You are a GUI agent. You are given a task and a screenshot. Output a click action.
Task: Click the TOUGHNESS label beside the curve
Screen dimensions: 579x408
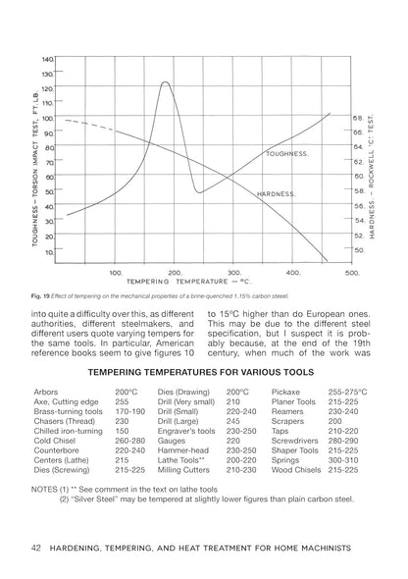click(287, 154)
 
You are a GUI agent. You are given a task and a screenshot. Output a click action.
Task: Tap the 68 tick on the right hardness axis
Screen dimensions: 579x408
click(358, 117)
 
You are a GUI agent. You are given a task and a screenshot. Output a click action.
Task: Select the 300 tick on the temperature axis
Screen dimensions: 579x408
click(233, 273)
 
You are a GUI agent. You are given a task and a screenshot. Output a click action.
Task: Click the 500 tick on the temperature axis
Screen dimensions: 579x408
click(351, 273)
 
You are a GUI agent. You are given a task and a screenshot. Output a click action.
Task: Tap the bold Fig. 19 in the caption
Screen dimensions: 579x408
click(42, 296)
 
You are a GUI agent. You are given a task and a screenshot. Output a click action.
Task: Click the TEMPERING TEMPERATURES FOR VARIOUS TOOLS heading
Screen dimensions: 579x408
click(203, 373)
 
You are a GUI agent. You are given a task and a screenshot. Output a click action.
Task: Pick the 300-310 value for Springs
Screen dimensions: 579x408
click(343, 457)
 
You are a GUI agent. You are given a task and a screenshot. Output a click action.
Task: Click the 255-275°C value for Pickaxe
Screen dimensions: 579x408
click(348, 391)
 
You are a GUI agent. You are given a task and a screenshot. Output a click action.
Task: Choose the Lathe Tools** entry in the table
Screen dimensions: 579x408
click(178, 457)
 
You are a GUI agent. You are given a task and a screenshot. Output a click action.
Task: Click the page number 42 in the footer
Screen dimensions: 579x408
click(36, 546)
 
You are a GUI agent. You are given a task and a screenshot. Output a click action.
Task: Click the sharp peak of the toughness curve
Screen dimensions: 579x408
click(165, 82)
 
